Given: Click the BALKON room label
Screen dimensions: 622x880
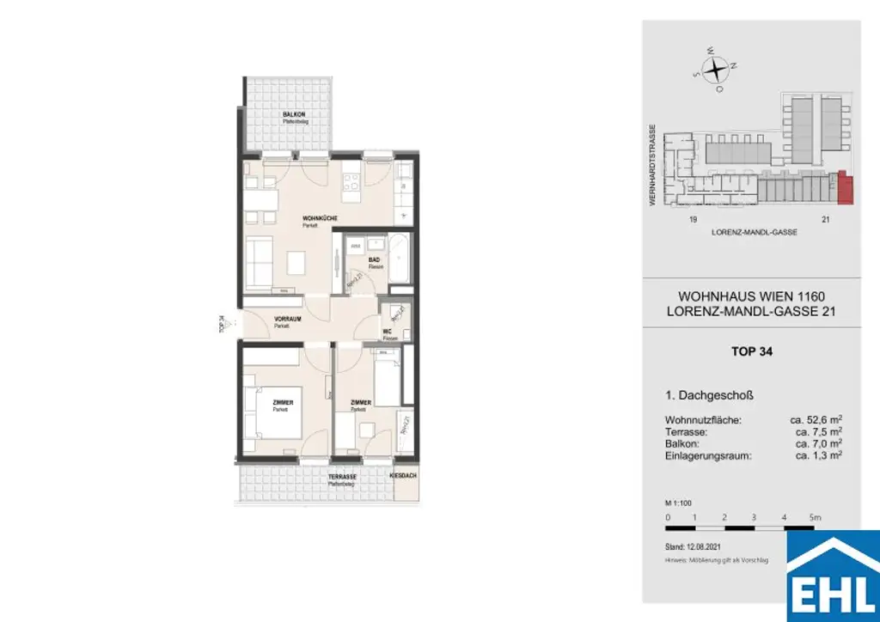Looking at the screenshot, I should tap(295, 115).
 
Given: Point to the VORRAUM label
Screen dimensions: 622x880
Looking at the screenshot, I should tap(285, 319).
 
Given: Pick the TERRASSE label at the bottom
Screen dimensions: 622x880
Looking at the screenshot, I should tap(341, 477).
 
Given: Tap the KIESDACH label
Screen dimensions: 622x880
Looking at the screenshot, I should tap(403, 476).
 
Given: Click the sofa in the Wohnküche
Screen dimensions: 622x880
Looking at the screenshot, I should tap(260, 264).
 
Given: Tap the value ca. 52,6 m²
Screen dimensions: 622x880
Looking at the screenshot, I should tap(816, 420).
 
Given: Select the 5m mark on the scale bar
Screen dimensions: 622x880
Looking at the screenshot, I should tap(816, 518).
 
